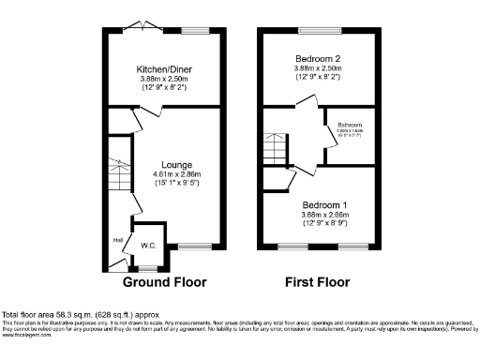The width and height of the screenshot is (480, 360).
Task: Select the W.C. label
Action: tap(147, 247)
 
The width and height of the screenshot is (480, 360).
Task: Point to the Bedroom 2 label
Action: tap(319, 58)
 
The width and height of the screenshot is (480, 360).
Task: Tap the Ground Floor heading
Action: tap(164, 281)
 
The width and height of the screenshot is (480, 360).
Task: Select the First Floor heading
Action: tap(317, 281)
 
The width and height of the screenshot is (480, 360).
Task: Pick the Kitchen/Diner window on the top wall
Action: tap(195, 31)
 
